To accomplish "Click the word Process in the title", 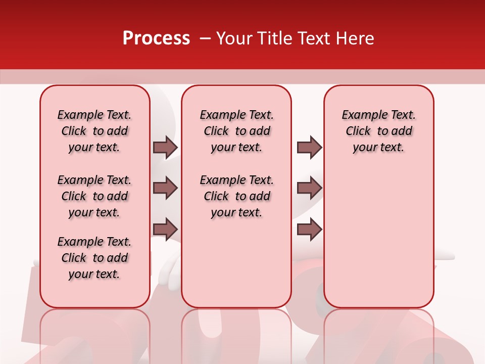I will click(156, 38).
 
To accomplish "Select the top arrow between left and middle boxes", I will click(165, 147).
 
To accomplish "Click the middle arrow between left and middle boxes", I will click(165, 188).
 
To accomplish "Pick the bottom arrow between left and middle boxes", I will click(165, 229).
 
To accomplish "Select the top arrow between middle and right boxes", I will click(309, 147).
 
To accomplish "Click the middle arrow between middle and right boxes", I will click(309, 188).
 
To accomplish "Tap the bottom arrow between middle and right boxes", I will click(309, 229).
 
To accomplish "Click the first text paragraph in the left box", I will click(94, 131).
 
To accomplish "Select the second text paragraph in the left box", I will click(94, 196).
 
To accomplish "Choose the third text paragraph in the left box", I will click(94, 258).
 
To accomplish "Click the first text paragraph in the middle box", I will click(236, 131).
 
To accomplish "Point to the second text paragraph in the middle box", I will click(236, 196).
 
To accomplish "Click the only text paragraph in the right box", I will click(378, 131).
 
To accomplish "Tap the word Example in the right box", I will click(361, 115).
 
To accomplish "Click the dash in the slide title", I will click(205, 38).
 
